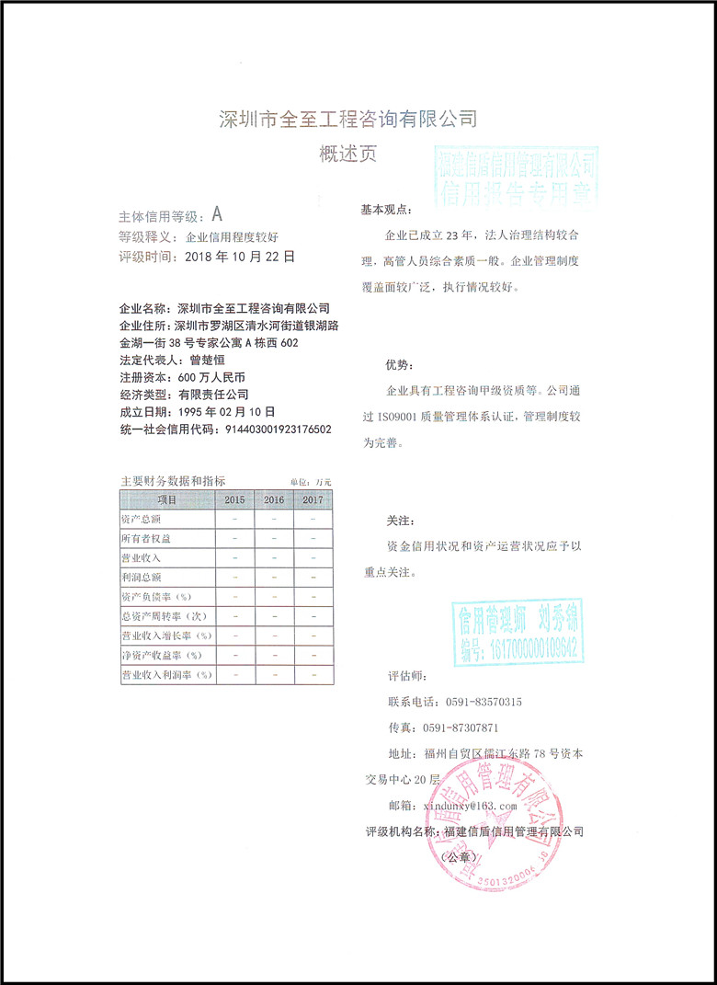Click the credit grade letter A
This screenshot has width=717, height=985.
[217, 215]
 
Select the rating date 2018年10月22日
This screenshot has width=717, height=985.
[240, 258]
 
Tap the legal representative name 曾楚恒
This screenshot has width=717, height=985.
[208, 360]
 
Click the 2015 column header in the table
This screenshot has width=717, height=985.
[234, 499]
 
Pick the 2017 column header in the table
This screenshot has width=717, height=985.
[313, 499]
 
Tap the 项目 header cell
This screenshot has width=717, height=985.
[166, 499]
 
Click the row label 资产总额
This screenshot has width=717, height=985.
[142, 520]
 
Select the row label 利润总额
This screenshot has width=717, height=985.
[142, 578]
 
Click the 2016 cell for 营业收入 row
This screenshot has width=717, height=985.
[274, 558]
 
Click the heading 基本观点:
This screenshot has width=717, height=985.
[387, 211]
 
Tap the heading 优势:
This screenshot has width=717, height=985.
[397, 366]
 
